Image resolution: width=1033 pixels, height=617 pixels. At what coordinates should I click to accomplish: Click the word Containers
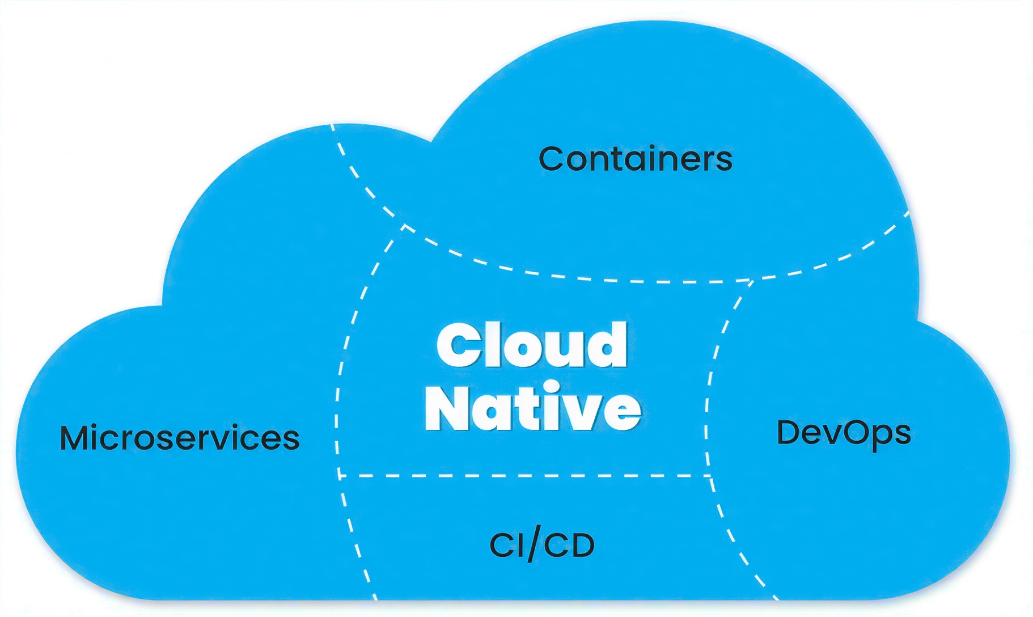635,159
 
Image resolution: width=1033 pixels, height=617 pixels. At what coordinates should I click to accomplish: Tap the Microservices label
180,438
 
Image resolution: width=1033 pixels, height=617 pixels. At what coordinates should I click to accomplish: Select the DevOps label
844,433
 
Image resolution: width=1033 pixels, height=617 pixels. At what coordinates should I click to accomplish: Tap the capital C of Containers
553,159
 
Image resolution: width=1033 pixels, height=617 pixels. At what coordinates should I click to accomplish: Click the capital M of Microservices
78,438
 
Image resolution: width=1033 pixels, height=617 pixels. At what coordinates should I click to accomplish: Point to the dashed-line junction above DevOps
751,281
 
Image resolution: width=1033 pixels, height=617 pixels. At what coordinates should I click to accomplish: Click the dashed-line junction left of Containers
404,226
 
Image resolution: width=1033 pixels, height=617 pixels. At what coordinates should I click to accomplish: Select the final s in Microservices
291,440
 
